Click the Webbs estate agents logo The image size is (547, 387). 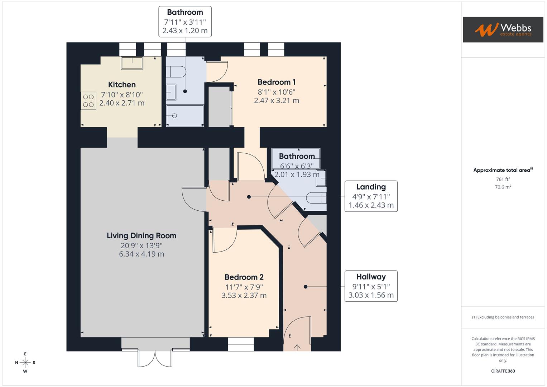point(503,29)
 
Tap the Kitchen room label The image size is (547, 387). point(122,85)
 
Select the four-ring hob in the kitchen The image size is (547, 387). point(88,101)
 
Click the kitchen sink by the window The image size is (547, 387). point(132,63)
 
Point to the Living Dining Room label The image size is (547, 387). point(141,236)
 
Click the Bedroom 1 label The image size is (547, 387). point(277,82)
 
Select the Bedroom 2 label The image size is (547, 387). point(244,277)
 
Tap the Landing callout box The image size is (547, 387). point(371,196)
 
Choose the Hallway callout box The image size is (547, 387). point(371,286)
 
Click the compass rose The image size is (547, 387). point(25,363)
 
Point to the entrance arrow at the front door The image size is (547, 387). point(297,347)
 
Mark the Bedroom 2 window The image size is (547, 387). point(241,344)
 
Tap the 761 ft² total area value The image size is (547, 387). point(503,179)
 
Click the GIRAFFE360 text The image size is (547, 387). point(503,371)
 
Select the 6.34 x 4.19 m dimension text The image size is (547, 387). point(141,254)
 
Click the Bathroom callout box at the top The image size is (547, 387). point(185,21)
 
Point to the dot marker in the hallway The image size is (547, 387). point(306,287)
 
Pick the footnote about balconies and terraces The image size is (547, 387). point(503,317)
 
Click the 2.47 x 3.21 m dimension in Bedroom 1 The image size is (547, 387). point(277,101)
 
